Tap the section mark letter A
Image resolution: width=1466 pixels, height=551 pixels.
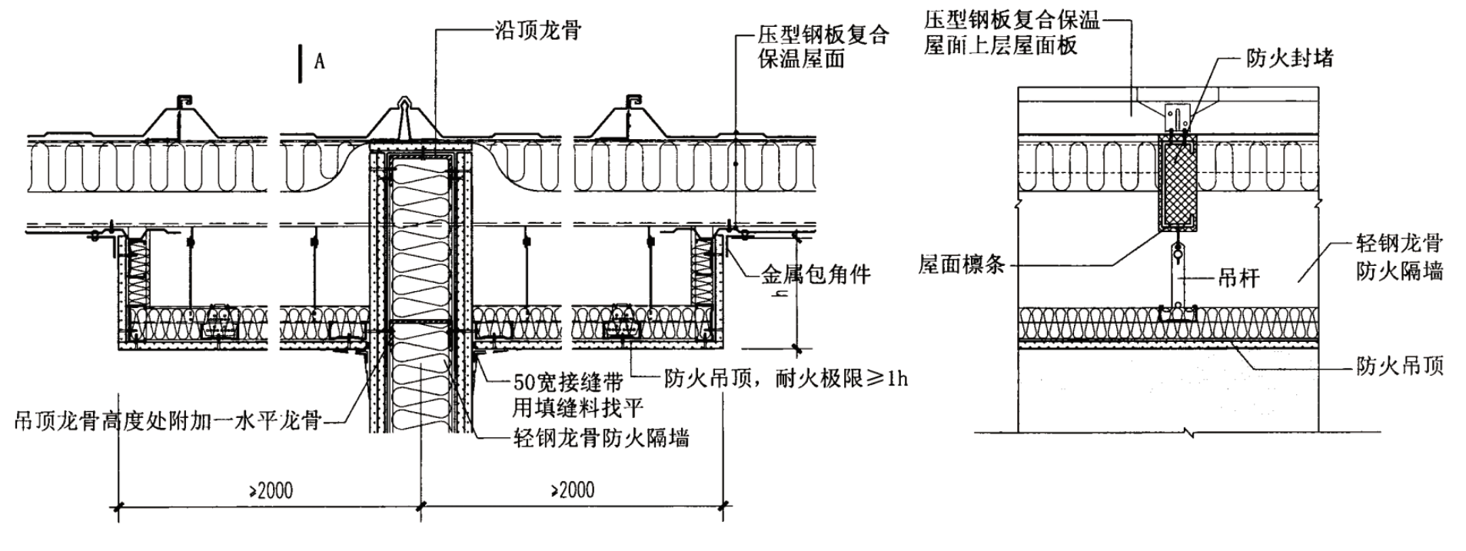(319, 61)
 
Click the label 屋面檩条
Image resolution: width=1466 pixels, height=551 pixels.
(961, 265)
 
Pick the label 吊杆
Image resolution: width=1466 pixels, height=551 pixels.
(1238, 278)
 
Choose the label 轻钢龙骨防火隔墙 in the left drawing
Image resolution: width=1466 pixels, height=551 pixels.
(600, 439)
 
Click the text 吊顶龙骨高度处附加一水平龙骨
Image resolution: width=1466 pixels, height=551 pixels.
(168, 421)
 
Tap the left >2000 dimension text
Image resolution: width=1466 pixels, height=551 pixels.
(270, 490)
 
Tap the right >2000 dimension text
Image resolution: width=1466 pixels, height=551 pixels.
(572, 490)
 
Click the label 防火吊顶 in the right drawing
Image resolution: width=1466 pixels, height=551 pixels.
(1399, 366)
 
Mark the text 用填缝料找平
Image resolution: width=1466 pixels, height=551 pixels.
(577, 408)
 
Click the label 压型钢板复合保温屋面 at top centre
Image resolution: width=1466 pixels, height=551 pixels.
(823, 46)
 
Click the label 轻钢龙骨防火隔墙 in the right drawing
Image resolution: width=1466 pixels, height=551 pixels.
(1399, 257)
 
